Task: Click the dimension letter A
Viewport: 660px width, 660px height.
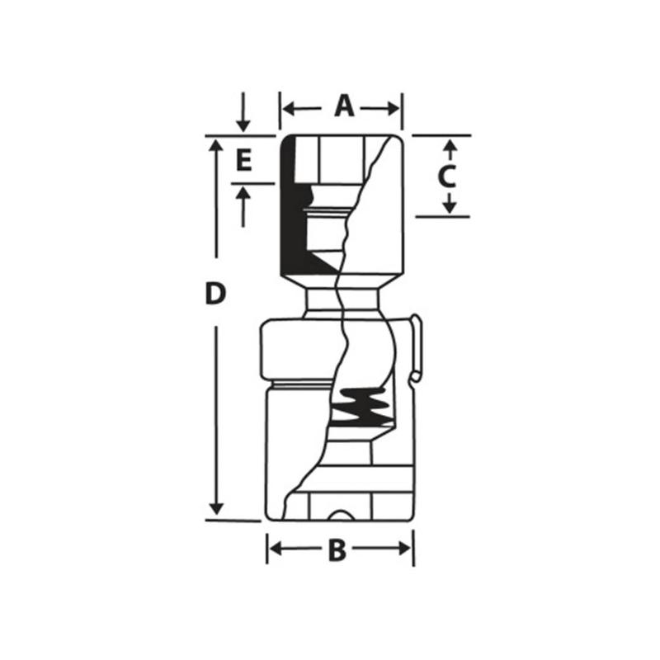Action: (343, 106)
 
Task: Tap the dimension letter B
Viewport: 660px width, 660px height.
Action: (337, 550)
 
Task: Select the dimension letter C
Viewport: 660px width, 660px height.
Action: (445, 176)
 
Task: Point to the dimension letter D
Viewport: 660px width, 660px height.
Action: (215, 294)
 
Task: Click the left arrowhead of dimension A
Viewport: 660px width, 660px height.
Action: (286, 107)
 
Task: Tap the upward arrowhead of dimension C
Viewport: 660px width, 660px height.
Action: (449, 146)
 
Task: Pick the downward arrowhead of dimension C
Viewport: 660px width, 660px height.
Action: (449, 206)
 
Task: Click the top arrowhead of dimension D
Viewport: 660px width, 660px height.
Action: (216, 145)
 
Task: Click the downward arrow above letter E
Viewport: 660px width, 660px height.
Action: (243, 124)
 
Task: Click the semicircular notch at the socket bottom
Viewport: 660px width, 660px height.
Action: (340, 516)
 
